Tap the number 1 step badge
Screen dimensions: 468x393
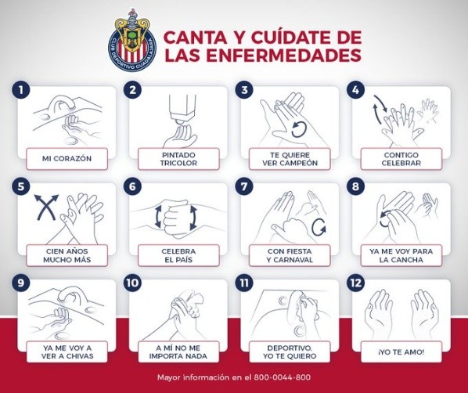(21, 90)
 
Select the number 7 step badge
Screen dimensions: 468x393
(244, 186)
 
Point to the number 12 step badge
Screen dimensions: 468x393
(356, 283)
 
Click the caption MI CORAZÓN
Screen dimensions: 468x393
(67, 159)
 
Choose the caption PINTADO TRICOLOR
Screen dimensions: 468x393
(178, 159)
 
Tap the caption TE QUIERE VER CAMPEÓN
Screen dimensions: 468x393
(290, 159)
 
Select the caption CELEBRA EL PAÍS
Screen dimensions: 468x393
(178, 256)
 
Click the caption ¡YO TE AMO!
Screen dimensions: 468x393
(401, 352)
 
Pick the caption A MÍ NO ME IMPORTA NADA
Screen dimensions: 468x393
(178, 352)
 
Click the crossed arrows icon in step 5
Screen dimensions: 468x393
(46, 207)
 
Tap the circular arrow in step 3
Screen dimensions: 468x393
(299, 129)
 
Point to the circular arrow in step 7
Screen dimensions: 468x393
(319, 227)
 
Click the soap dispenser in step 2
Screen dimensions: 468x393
(182, 108)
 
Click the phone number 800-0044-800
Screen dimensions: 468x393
(282, 377)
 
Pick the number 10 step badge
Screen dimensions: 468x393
(132, 283)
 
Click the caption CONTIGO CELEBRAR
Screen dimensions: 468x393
(401, 159)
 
